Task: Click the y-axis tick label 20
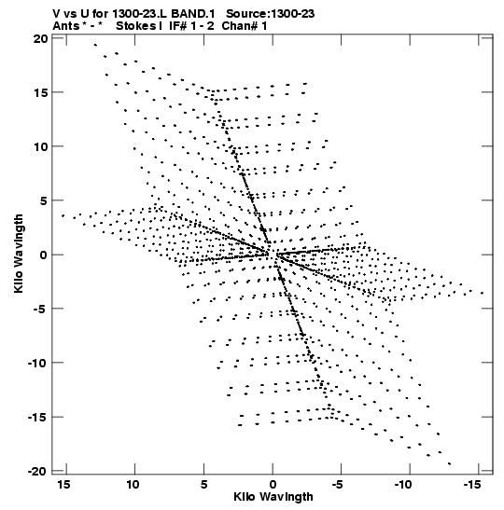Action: click(x=41, y=39)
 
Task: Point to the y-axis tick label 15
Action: click(x=41, y=92)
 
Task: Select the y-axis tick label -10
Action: click(x=37, y=363)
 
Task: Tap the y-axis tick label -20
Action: click(x=37, y=471)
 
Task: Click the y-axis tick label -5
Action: click(x=41, y=309)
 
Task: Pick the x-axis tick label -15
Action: click(x=471, y=484)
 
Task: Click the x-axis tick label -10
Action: click(x=403, y=484)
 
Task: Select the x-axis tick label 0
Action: click(x=273, y=484)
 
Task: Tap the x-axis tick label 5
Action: click(x=203, y=484)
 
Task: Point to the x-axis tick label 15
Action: click(x=63, y=484)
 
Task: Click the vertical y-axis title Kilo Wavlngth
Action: click(x=19, y=254)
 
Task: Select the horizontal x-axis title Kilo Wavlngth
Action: click(x=273, y=497)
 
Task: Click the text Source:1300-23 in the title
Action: click(x=271, y=14)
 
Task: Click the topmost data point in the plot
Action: click(x=95, y=45)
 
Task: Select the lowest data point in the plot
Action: click(x=450, y=463)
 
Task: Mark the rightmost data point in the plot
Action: click(x=483, y=293)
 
